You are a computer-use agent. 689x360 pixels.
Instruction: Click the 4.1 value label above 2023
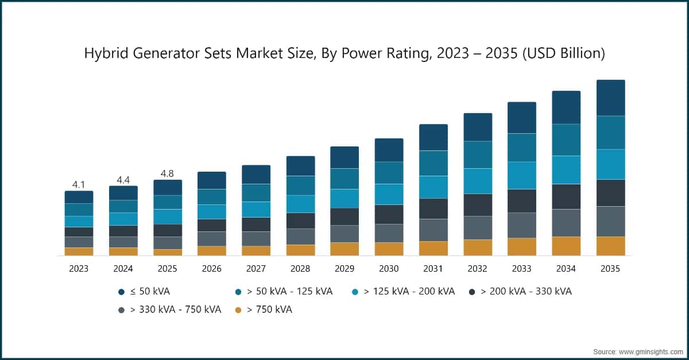point(79,184)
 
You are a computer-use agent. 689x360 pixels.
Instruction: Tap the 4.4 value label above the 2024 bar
point(123,180)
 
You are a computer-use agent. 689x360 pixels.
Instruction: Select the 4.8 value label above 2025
point(168,173)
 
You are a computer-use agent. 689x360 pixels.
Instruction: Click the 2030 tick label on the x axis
point(389,269)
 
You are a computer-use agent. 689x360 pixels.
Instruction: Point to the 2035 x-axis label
point(610,269)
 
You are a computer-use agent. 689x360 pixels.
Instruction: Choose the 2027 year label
point(256,269)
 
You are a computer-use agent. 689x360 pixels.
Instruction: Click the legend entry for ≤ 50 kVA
point(144,291)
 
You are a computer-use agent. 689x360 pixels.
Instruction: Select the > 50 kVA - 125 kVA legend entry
point(283,291)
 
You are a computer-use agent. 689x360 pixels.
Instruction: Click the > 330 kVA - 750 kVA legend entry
point(169,309)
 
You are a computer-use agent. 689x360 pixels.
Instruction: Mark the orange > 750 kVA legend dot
point(239,309)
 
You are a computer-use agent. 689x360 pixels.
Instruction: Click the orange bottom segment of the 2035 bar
point(610,246)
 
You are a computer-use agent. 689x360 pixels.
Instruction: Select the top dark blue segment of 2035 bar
point(610,98)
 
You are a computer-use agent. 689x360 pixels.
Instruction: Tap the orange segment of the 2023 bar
point(79,251)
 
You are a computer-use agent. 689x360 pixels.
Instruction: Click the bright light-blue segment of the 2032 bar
point(478,181)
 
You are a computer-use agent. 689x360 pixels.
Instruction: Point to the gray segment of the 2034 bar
point(566,223)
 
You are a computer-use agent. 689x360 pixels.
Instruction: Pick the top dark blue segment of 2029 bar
point(344,157)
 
